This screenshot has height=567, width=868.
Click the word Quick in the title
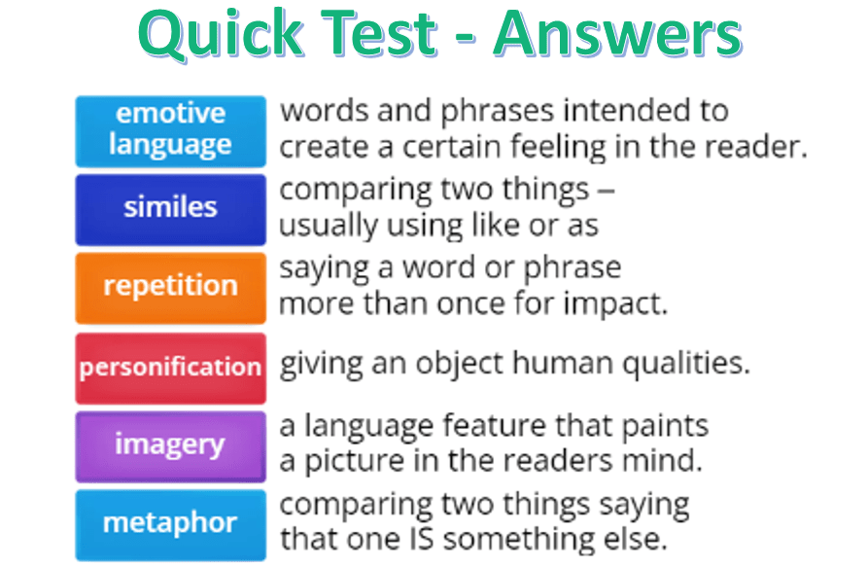(x=221, y=34)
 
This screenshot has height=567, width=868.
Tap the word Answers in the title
(x=617, y=33)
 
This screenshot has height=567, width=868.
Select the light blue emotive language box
(x=170, y=131)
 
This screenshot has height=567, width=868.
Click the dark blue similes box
(x=170, y=209)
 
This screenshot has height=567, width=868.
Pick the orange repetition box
(x=170, y=288)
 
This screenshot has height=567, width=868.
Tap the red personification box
(x=170, y=369)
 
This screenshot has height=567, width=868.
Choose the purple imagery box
(x=170, y=446)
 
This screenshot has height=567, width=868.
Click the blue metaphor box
(x=170, y=525)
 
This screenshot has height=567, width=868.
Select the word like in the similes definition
(x=496, y=225)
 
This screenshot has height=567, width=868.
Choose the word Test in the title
(x=379, y=33)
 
